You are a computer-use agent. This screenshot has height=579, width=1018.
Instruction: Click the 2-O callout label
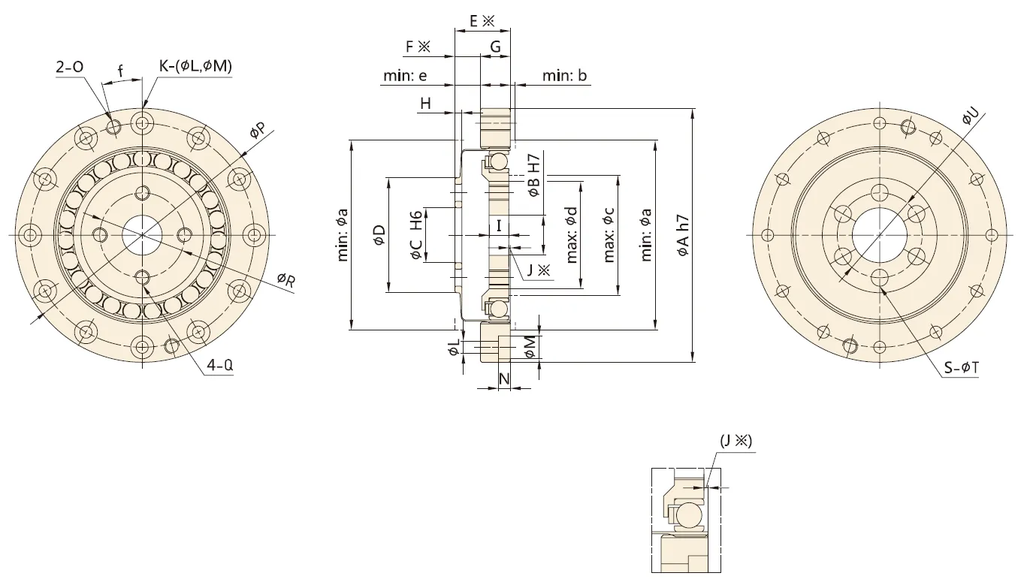pyautogui.click(x=69, y=67)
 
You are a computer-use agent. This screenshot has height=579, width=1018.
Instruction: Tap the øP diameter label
pyautogui.click(x=257, y=132)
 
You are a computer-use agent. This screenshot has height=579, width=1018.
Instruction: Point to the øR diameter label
pyautogui.click(x=286, y=279)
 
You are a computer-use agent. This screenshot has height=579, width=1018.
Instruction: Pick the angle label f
pyautogui.click(x=120, y=72)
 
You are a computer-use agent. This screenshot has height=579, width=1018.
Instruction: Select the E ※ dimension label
pyautogui.click(x=482, y=21)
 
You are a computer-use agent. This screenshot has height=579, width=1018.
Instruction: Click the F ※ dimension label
pyautogui.click(x=418, y=47)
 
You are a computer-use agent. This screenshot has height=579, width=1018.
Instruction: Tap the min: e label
pyautogui.click(x=406, y=76)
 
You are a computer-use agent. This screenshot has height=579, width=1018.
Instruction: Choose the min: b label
pyautogui.click(x=565, y=76)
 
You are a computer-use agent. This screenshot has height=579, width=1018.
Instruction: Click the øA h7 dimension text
pyautogui.click(x=684, y=235)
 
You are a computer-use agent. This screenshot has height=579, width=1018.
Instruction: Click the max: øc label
pyautogui.click(x=609, y=235)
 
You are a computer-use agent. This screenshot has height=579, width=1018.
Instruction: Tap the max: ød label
pyautogui.click(x=572, y=235)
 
